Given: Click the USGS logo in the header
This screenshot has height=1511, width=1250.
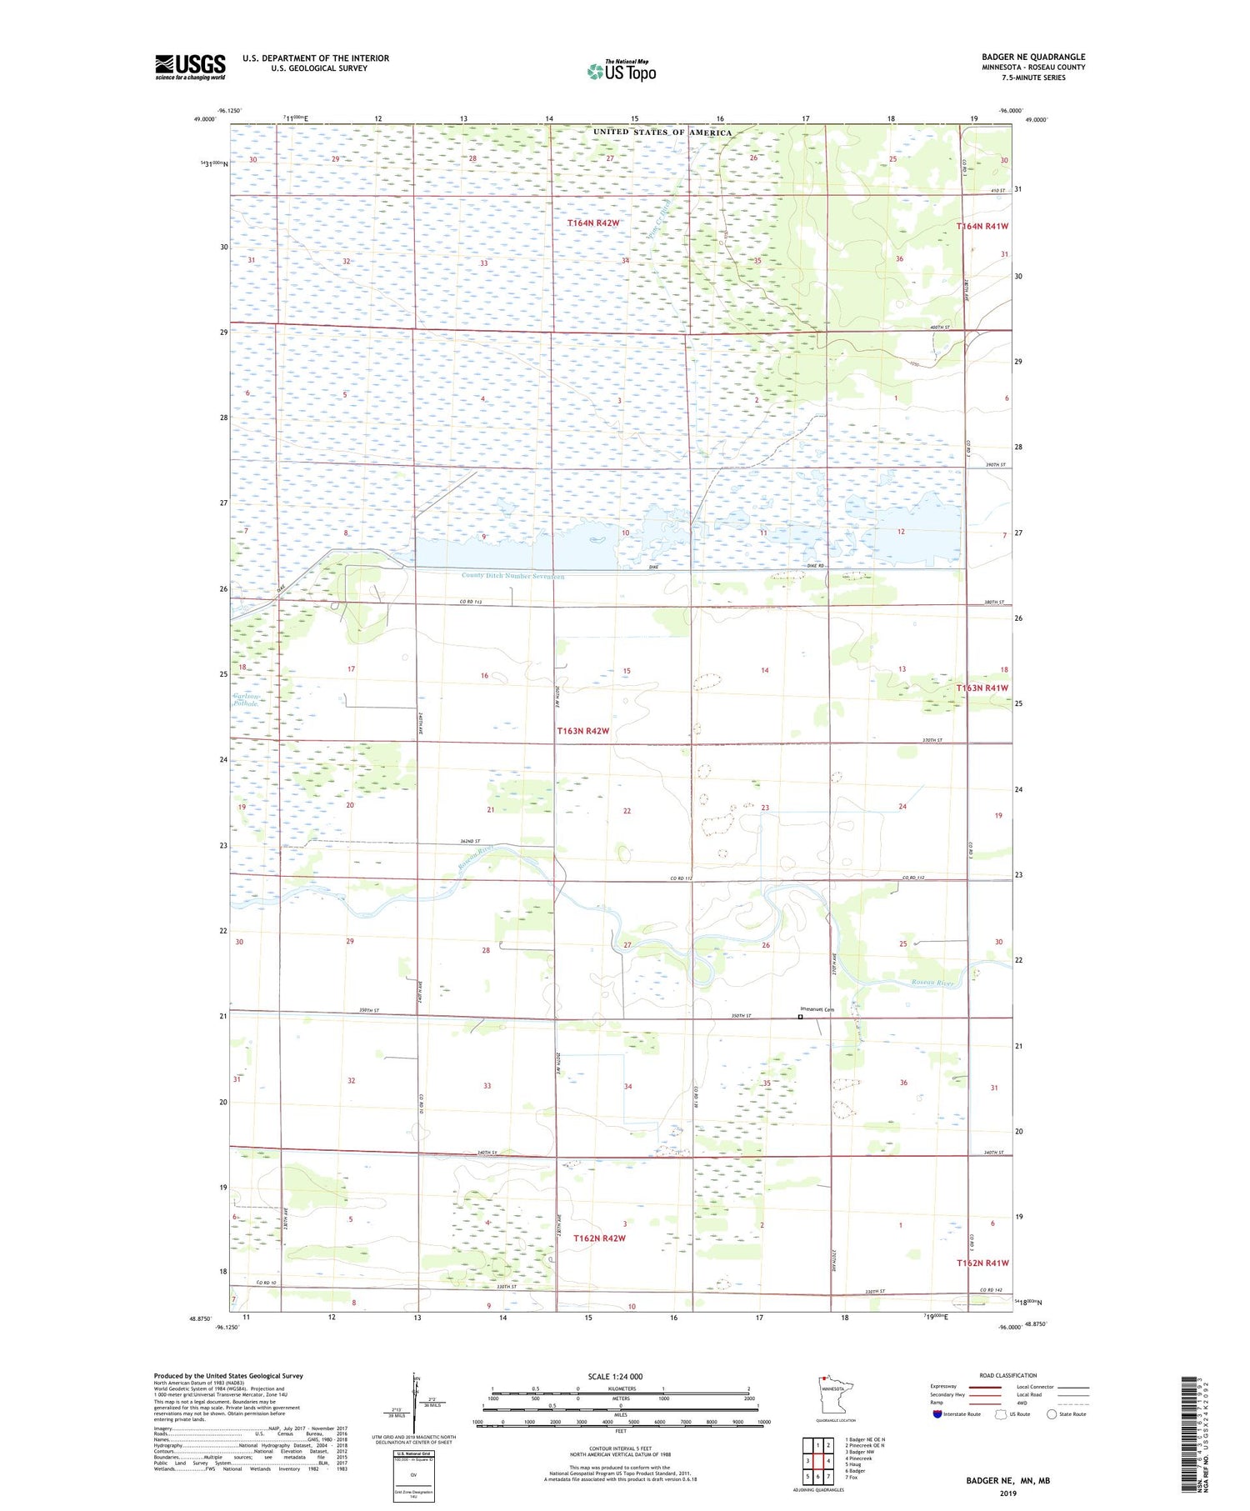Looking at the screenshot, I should click(x=190, y=67).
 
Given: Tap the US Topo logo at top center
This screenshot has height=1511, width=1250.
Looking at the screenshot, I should click(x=621, y=72).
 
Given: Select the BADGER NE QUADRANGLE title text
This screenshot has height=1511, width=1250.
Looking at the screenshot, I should click(x=1033, y=58).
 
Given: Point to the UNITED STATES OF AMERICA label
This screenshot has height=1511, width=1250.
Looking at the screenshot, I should click(x=662, y=133).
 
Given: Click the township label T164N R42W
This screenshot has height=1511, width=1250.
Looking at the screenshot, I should click(x=593, y=223).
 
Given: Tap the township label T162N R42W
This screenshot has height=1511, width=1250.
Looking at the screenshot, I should click(x=599, y=1238).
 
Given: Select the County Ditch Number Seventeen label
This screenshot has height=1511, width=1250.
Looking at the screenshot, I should click(x=512, y=577).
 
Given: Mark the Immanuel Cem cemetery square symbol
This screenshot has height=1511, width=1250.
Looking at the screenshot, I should click(x=801, y=1017).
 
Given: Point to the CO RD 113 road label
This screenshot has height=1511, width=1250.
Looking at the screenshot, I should click(x=471, y=602).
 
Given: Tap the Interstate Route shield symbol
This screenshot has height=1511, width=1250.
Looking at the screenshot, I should click(x=937, y=1414).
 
